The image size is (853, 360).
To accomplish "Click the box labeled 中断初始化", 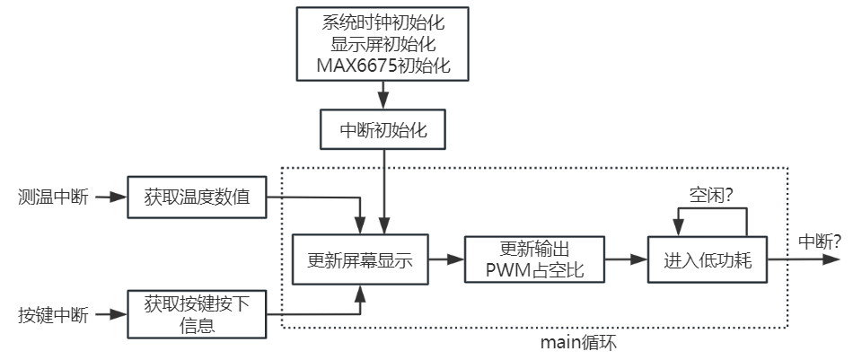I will tap(383, 130).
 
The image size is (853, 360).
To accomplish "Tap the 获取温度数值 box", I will tap(197, 197).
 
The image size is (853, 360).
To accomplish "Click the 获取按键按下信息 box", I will tap(197, 314).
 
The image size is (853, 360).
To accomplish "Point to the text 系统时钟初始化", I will tap(383, 21).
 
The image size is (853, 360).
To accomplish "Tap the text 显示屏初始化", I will tap(383, 44).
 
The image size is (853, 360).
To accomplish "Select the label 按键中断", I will tap(53, 315).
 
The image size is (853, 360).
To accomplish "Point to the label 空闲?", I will tap(714, 193).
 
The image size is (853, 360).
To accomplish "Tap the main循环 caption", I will tap(579, 343).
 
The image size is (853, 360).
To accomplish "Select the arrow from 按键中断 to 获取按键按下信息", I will tap(110, 315).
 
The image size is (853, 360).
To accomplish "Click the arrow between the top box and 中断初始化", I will tap(383, 95).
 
